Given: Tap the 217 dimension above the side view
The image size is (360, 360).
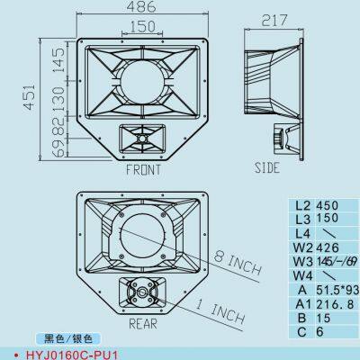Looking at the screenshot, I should (x=278, y=20).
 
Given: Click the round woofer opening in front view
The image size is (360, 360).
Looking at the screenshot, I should (x=139, y=80).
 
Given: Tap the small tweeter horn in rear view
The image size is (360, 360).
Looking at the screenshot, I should (x=142, y=291).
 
